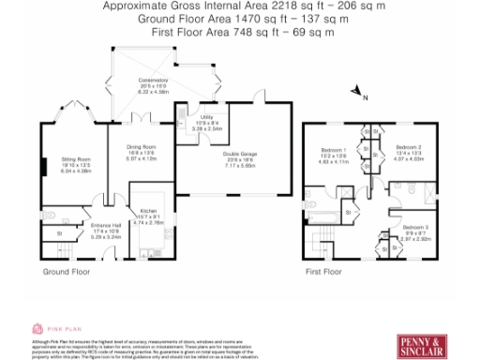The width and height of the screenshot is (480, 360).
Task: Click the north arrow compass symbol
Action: (x=358, y=91)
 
